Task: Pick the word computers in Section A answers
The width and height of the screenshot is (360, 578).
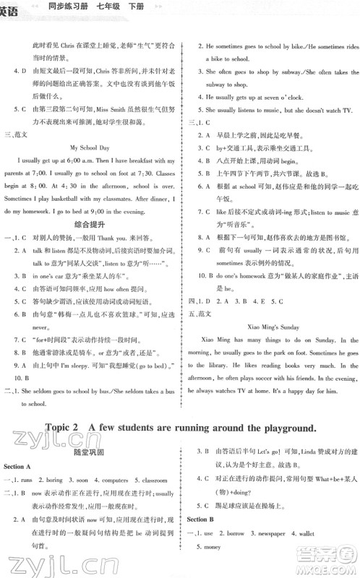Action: tap(107, 480)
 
